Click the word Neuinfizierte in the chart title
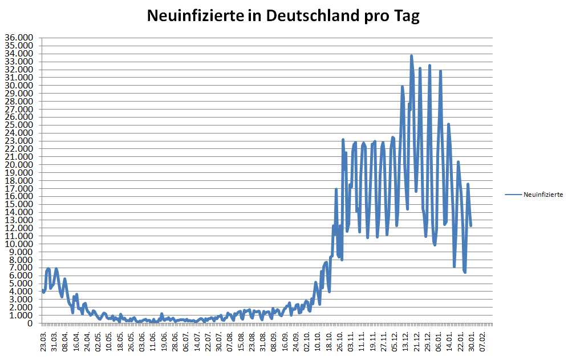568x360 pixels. (x=192, y=16)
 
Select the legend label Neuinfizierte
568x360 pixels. (x=543, y=195)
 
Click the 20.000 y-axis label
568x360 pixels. (x=19, y=165)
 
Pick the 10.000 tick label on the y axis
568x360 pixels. (x=19, y=244)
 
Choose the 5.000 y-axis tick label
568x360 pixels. (x=21, y=284)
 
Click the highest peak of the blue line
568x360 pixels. (x=411, y=56)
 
